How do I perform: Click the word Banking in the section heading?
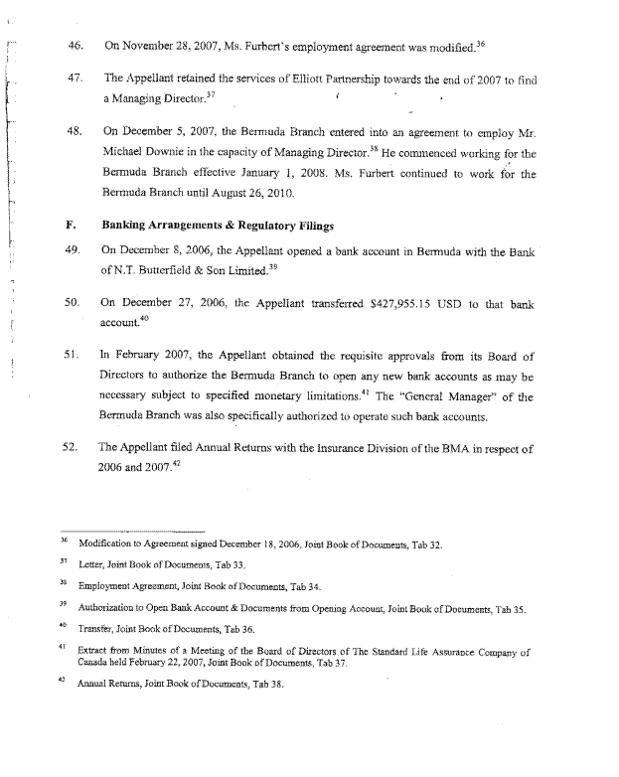pos(128,226)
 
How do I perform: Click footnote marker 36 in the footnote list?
pos(61,542)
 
